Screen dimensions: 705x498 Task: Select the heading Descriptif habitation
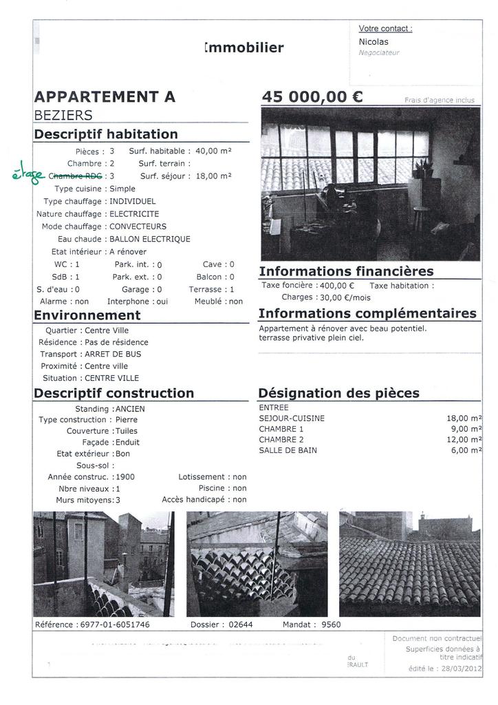point(106,134)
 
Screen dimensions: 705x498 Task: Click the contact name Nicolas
point(373,41)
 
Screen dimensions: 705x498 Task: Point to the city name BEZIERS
point(63,115)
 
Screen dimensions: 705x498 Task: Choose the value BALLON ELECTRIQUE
point(150,239)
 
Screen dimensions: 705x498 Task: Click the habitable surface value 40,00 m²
point(213,151)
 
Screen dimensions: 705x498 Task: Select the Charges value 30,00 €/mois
point(345,297)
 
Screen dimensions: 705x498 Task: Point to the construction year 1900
point(125,476)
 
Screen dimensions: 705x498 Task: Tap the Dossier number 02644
point(240,624)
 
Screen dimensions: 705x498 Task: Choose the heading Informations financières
point(346,271)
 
